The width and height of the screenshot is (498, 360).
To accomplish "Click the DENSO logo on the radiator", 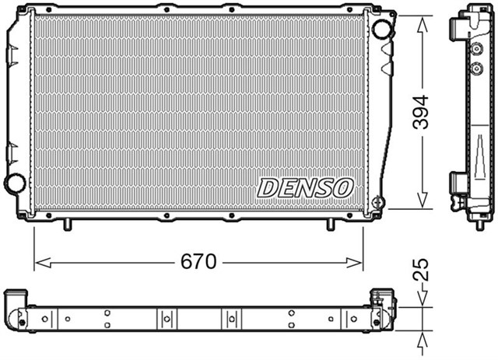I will [x=305, y=187].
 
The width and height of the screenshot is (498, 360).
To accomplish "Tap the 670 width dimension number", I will [x=198, y=262].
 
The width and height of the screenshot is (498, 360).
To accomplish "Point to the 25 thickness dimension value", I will [x=422, y=271].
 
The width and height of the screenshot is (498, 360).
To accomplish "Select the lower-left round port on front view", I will [x=15, y=184].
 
